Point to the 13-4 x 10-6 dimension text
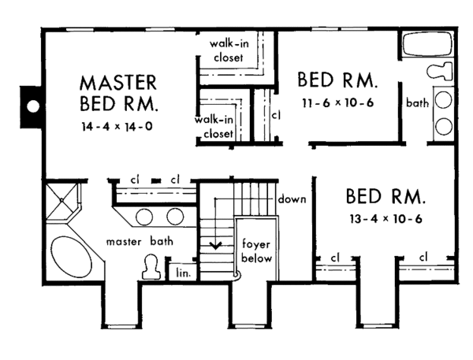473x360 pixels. click(385, 218)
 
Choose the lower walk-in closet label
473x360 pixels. click(214, 126)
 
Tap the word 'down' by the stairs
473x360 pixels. click(291, 199)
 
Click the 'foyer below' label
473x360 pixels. click(256, 251)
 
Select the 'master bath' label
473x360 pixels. click(141, 240)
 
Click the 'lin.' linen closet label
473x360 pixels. click(184, 272)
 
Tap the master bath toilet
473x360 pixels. click(151, 269)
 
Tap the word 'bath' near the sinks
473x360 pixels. click(417, 103)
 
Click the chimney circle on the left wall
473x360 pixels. click(34, 106)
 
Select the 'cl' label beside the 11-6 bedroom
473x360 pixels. click(275, 114)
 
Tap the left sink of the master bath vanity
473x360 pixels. click(144, 216)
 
